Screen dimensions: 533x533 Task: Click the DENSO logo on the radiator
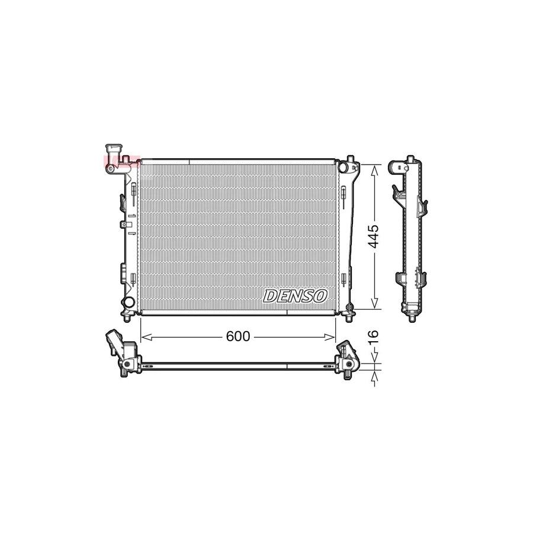295,296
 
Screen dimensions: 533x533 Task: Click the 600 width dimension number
237,337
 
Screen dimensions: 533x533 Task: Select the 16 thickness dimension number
373,338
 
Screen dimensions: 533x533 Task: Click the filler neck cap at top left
112,148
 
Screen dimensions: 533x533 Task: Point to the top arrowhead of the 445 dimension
374,169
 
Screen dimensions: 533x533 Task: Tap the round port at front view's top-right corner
343,168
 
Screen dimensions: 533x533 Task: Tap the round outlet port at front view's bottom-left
127,303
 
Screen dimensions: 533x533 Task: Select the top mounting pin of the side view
409,159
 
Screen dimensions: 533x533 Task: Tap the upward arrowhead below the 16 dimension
374,374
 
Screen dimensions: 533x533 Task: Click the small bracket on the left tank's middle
124,224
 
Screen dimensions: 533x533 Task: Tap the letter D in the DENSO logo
270,296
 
